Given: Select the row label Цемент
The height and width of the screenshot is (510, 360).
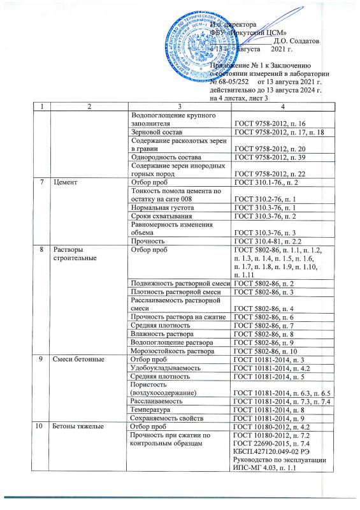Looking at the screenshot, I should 66,183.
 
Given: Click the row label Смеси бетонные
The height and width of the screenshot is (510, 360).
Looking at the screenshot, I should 76,358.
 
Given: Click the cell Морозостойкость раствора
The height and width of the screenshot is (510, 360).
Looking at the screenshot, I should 169,349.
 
